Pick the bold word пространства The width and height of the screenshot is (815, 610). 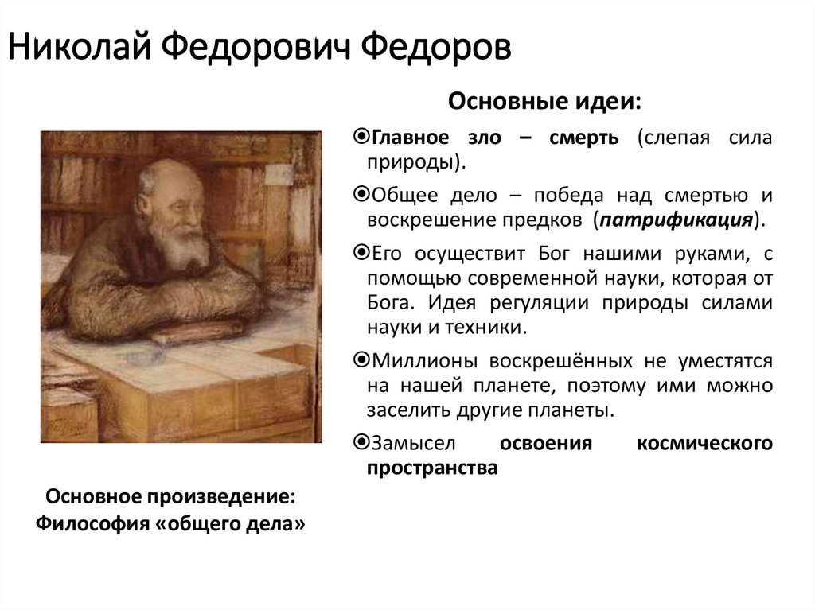point(432,468)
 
